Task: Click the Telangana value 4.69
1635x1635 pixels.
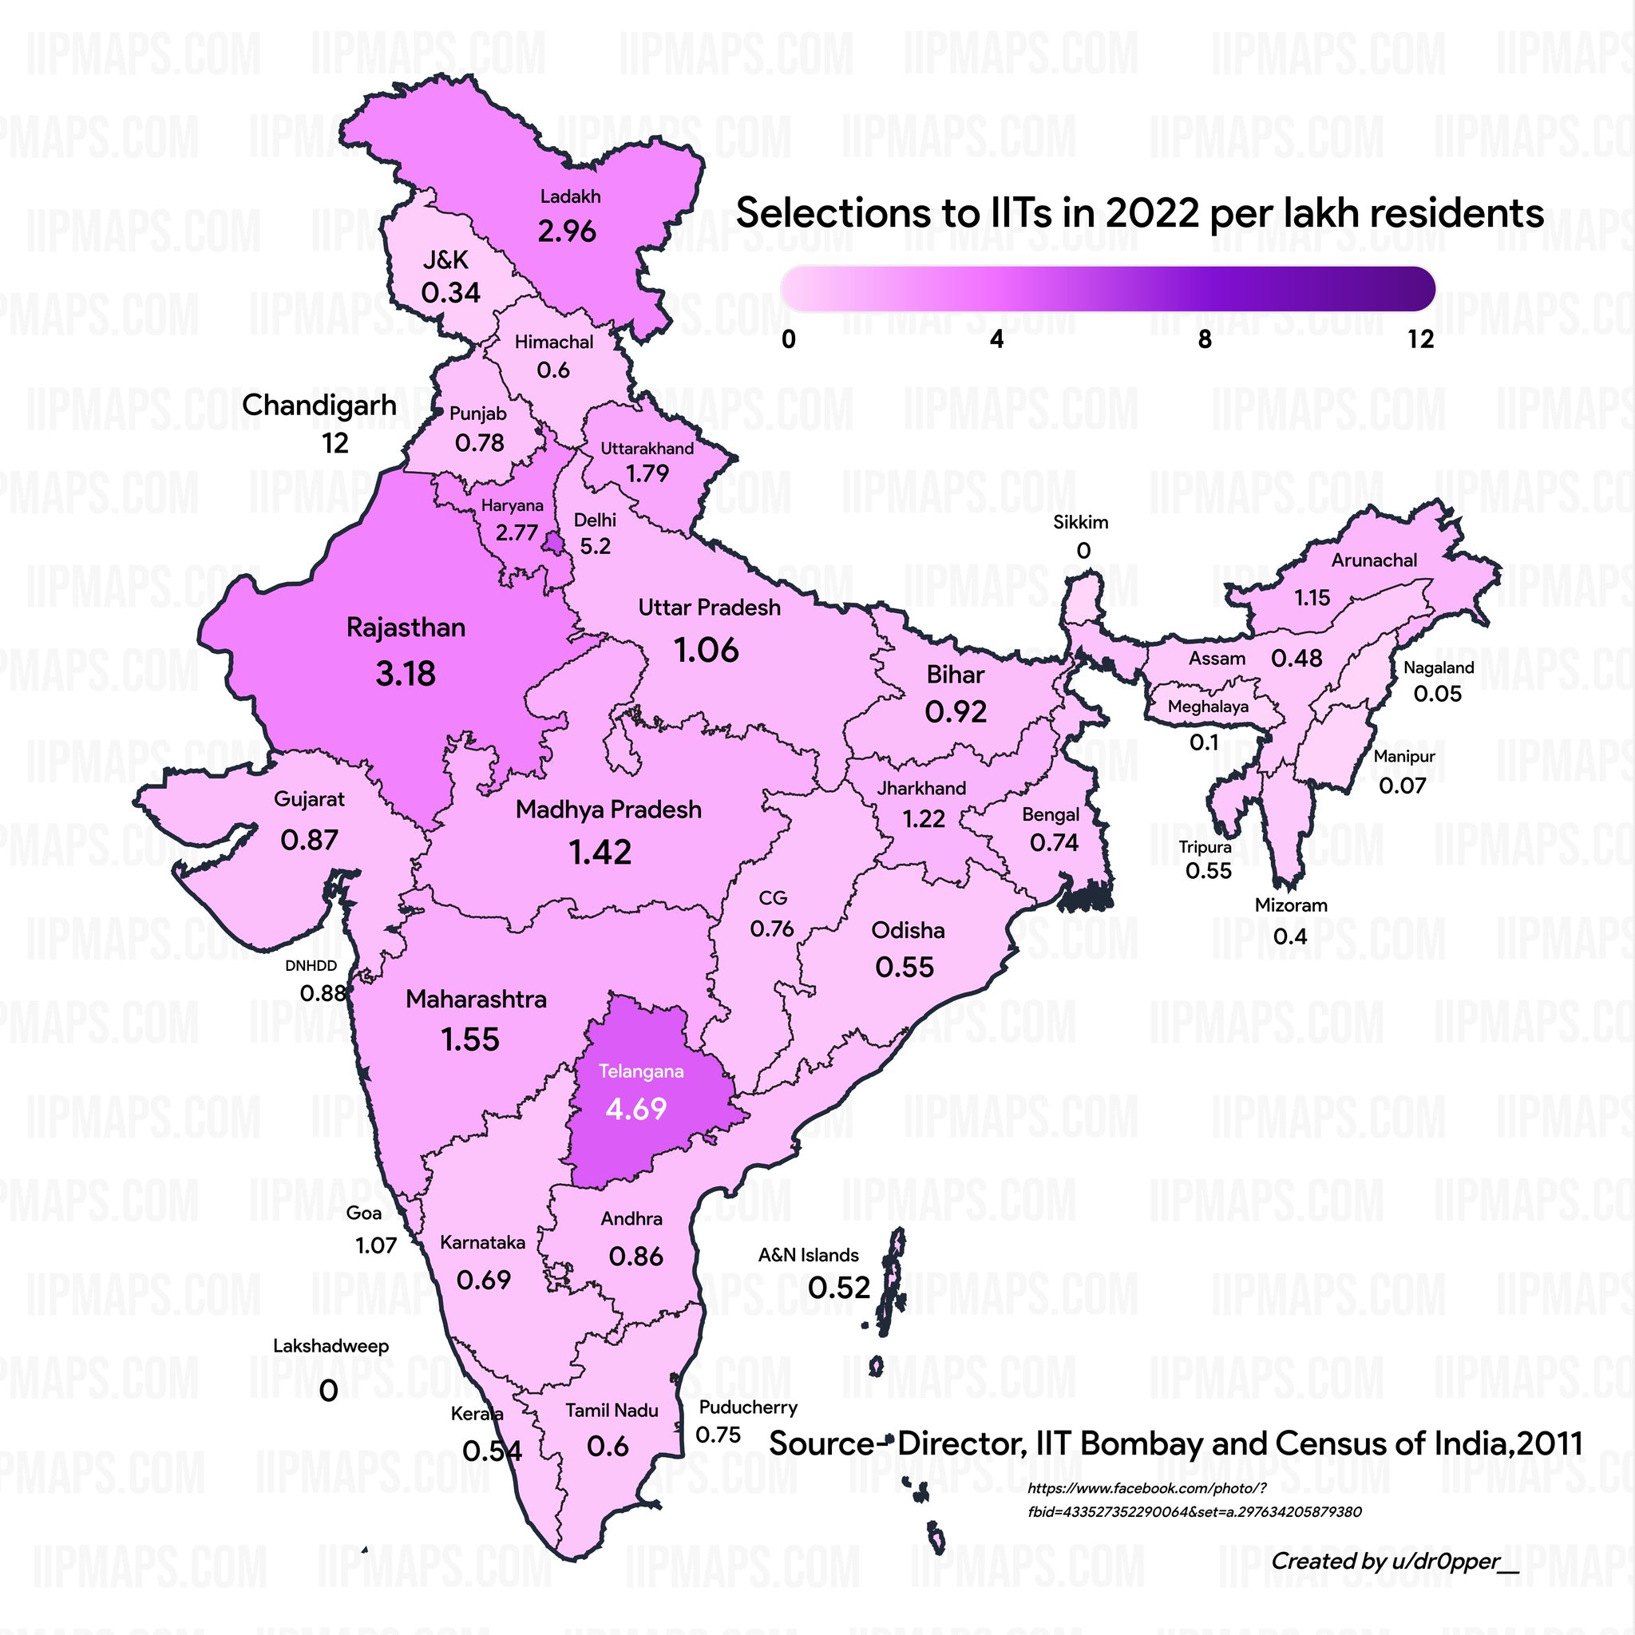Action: (x=635, y=1109)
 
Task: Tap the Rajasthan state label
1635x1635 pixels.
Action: (x=406, y=628)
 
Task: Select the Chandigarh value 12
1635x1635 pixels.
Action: (x=335, y=443)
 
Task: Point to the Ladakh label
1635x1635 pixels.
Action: (x=570, y=196)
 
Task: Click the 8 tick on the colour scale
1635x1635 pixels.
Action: (x=1204, y=339)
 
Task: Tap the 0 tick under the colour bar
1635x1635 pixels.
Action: (x=788, y=339)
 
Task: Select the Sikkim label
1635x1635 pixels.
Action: (x=1080, y=522)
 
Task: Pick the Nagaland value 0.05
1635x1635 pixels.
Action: (x=1437, y=694)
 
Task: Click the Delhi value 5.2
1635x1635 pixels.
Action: (x=595, y=547)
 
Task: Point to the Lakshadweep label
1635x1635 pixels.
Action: (x=331, y=1345)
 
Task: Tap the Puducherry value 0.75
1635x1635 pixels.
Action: (x=718, y=1435)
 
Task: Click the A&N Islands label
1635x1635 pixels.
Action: (x=808, y=1255)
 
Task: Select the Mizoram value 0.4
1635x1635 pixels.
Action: (x=1290, y=936)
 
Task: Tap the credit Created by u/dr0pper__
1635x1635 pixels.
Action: (x=1395, y=1561)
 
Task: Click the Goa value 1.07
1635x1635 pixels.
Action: (x=376, y=1245)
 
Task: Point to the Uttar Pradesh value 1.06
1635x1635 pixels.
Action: (x=706, y=651)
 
